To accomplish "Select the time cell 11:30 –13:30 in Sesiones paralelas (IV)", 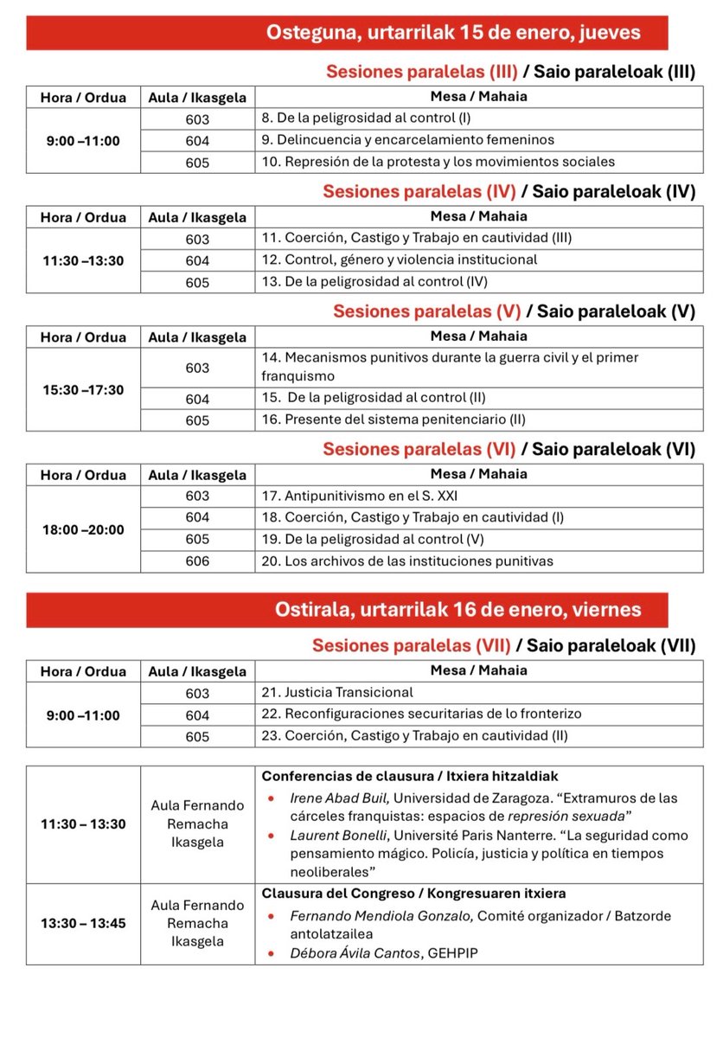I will click(x=83, y=259).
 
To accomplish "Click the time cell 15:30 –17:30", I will click(x=83, y=390).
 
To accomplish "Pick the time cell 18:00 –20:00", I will click(x=83, y=529).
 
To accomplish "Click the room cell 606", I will click(x=197, y=561).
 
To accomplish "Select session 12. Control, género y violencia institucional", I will click(x=399, y=259).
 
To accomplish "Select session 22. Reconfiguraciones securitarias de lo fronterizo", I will click(x=421, y=714).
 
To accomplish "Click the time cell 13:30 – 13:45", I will click(x=83, y=923).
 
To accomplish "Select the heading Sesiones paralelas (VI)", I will click(x=419, y=449).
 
